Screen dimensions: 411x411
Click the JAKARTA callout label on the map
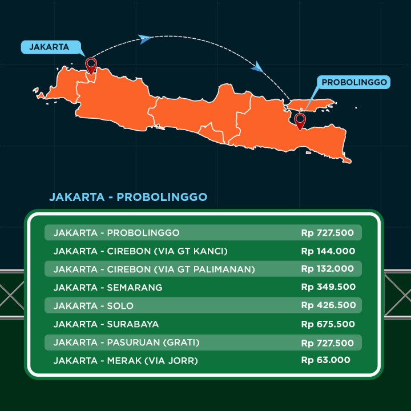[x=49, y=47]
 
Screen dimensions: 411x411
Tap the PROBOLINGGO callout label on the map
[x=354, y=82]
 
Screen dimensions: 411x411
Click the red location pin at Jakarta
[x=90, y=65]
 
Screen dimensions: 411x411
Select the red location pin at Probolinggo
[x=300, y=120]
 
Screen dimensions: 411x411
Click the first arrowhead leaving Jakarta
[x=145, y=39]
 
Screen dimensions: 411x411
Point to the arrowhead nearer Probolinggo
[x=257, y=68]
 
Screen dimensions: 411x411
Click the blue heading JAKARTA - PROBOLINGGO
[x=128, y=197]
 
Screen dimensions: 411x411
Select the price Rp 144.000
[x=328, y=251]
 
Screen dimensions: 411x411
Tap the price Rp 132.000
[x=328, y=269]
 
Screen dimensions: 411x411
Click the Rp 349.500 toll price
[x=328, y=287]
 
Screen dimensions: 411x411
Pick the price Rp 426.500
[x=328, y=305]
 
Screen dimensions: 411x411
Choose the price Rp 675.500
[x=328, y=324]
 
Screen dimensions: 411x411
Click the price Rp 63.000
[x=325, y=360]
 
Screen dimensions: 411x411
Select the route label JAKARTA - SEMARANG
[x=108, y=287]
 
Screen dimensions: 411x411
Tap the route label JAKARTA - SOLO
[x=94, y=305]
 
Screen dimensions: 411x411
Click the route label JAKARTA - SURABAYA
[x=106, y=324]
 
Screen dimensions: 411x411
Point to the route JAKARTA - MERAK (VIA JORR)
[x=124, y=360]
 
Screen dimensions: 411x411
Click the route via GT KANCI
[x=140, y=251]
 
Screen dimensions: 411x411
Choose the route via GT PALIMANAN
[x=154, y=269]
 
